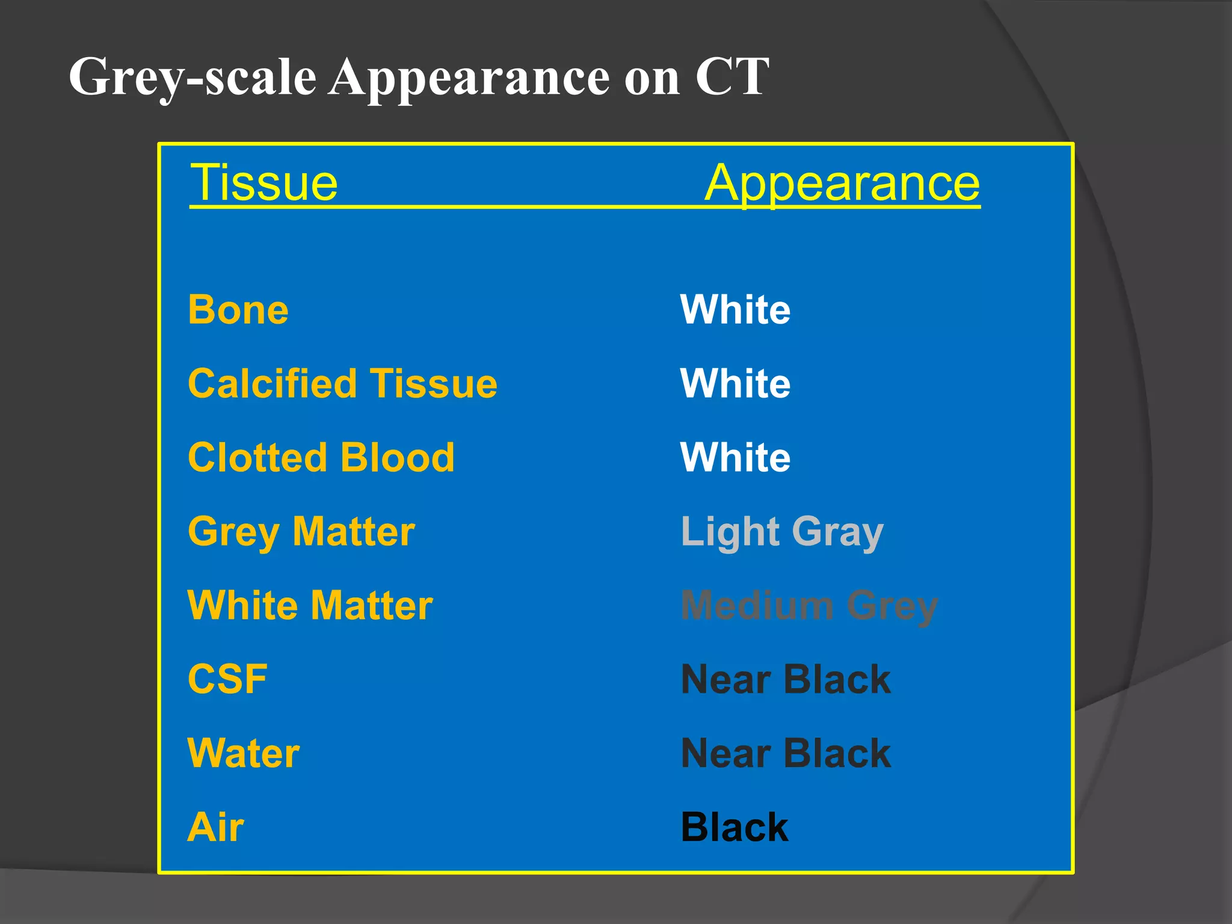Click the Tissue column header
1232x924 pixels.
tap(264, 183)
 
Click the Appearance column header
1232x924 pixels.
tap(842, 183)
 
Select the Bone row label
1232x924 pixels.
tap(238, 310)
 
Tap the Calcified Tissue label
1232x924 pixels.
tap(342, 384)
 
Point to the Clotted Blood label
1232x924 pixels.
tap(321, 457)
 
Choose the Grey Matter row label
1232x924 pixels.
tap(301, 532)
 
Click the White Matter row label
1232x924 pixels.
tap(310, 605)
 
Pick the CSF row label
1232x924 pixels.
tap(227, 679)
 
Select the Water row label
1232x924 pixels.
tap(243, 753)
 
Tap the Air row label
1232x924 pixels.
tap(215, 827)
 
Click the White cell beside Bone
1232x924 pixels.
tap(735, 310)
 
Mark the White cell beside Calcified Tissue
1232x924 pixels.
tap(735, 384)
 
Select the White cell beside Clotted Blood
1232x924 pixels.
tap(735, 457)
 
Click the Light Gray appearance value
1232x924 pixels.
tap(782, 532)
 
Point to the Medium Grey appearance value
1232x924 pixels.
tap(809, 605)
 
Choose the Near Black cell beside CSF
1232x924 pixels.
tap(786, 679)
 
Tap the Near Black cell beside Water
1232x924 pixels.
tap(786, 753)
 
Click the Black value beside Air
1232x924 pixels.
tap(734, 827)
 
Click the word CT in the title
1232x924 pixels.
tap(732, 77)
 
